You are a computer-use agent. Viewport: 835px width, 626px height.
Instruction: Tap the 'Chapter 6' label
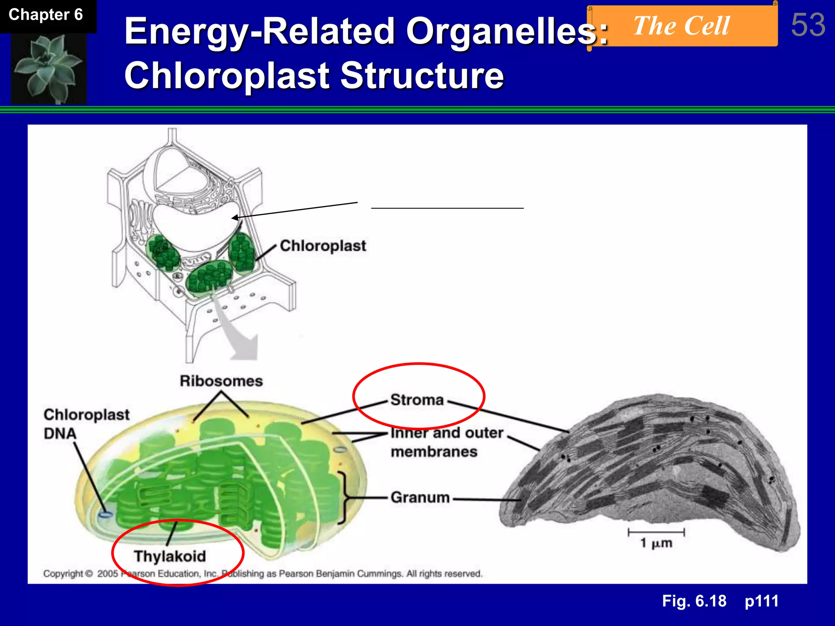(46, 15)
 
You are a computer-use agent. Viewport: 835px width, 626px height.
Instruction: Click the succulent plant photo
(49, 68)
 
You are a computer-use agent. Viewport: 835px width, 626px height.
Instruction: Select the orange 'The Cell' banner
(682, 26)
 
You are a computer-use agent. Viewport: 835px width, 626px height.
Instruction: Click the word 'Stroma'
(417, 400)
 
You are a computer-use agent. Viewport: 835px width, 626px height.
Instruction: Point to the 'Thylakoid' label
(170, 556)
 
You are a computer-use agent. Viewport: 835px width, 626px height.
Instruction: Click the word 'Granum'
(420, 498)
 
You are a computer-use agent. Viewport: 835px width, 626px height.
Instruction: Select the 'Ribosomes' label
(221, 381)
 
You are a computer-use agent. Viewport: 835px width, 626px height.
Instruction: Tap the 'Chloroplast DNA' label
(86, 424)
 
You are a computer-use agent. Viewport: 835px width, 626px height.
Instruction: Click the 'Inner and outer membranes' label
(446, 442)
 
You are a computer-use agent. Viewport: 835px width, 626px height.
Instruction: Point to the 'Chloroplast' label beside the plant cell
(323, 246)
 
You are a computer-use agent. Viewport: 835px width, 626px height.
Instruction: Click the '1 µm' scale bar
(656, 533)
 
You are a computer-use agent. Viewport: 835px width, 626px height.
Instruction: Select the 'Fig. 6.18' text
(694, 601)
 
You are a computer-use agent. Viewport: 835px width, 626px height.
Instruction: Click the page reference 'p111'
(762, 601)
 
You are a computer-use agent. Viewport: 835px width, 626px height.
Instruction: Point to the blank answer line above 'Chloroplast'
(447, 208)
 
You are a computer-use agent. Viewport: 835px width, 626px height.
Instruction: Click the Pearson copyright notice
(263, 574)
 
